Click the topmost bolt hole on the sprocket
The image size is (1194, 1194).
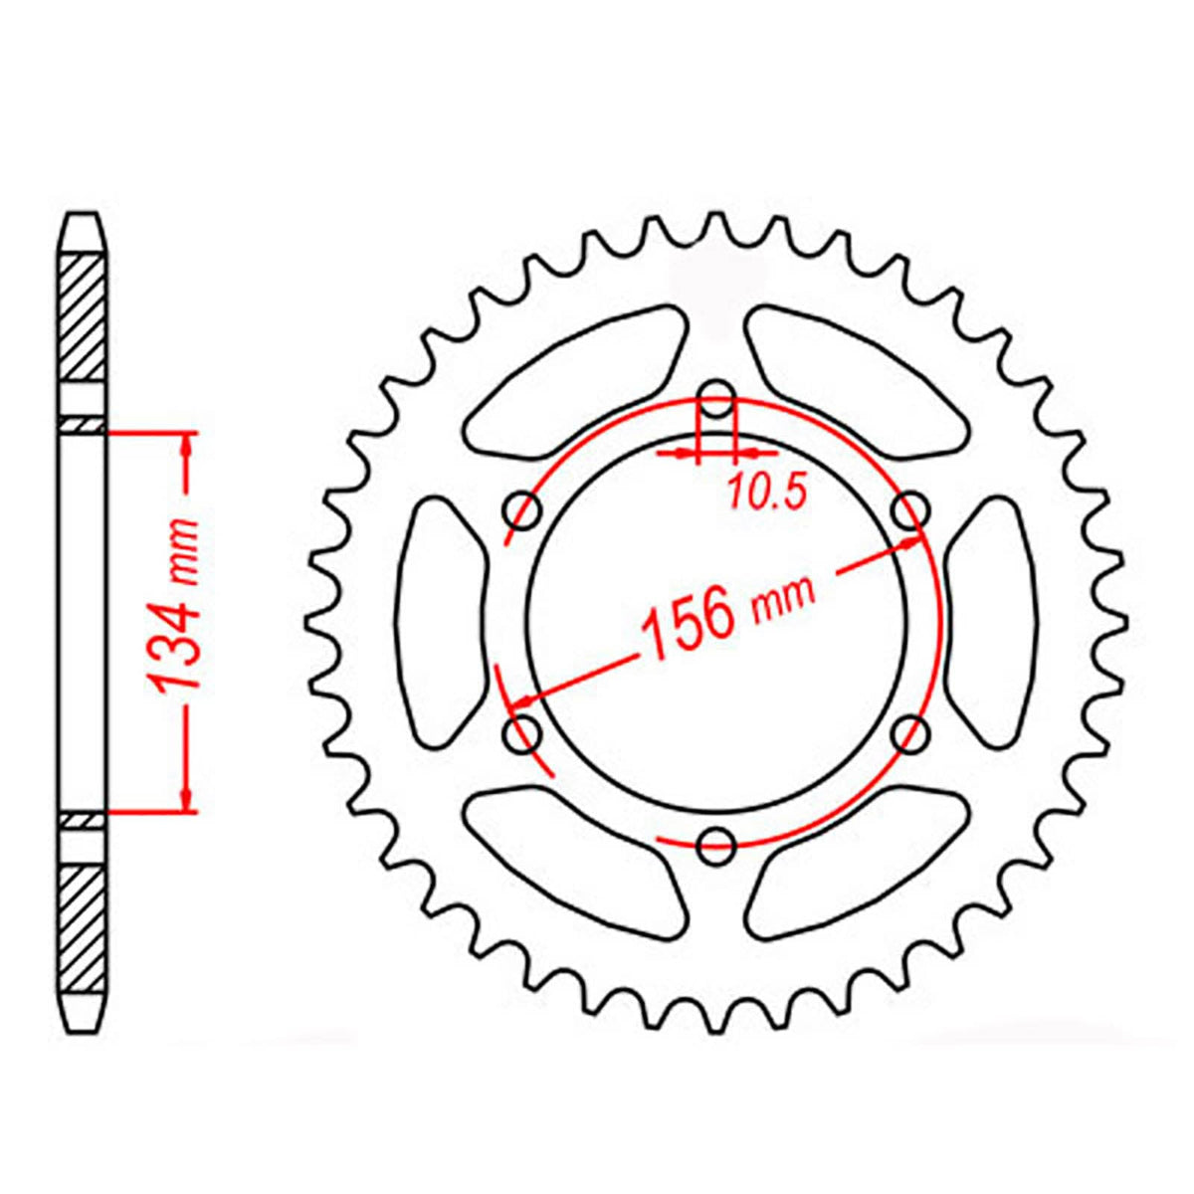(716, 405)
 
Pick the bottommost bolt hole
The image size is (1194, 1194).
(716, 847)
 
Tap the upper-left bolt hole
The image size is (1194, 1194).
(523, 511)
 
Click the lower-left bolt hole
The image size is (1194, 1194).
(523, 735)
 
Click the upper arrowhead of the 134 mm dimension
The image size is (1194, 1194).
(186, 448)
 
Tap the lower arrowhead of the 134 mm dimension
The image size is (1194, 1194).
(186, 796)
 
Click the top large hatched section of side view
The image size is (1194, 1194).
(83, 318)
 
